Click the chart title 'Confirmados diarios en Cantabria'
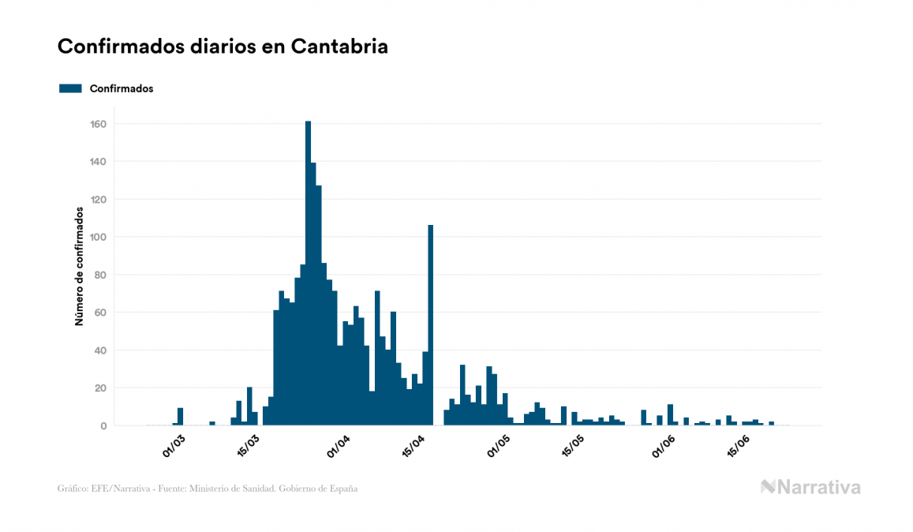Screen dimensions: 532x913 click(223, 47)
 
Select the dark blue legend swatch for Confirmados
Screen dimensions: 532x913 click(70, 88)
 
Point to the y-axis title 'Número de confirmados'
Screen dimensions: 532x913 click(79, 267)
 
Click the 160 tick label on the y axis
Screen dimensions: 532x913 click(99, 124)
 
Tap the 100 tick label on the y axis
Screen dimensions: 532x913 click(99, 237)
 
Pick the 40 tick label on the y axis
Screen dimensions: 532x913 click(101, 350)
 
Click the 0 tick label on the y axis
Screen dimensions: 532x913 click(103, 425)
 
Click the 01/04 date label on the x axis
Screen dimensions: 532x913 click(339, 445)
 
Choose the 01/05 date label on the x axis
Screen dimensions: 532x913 click(499, 445)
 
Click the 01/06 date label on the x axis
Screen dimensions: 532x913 click(664, 445)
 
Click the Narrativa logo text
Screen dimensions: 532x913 click(818, 487)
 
